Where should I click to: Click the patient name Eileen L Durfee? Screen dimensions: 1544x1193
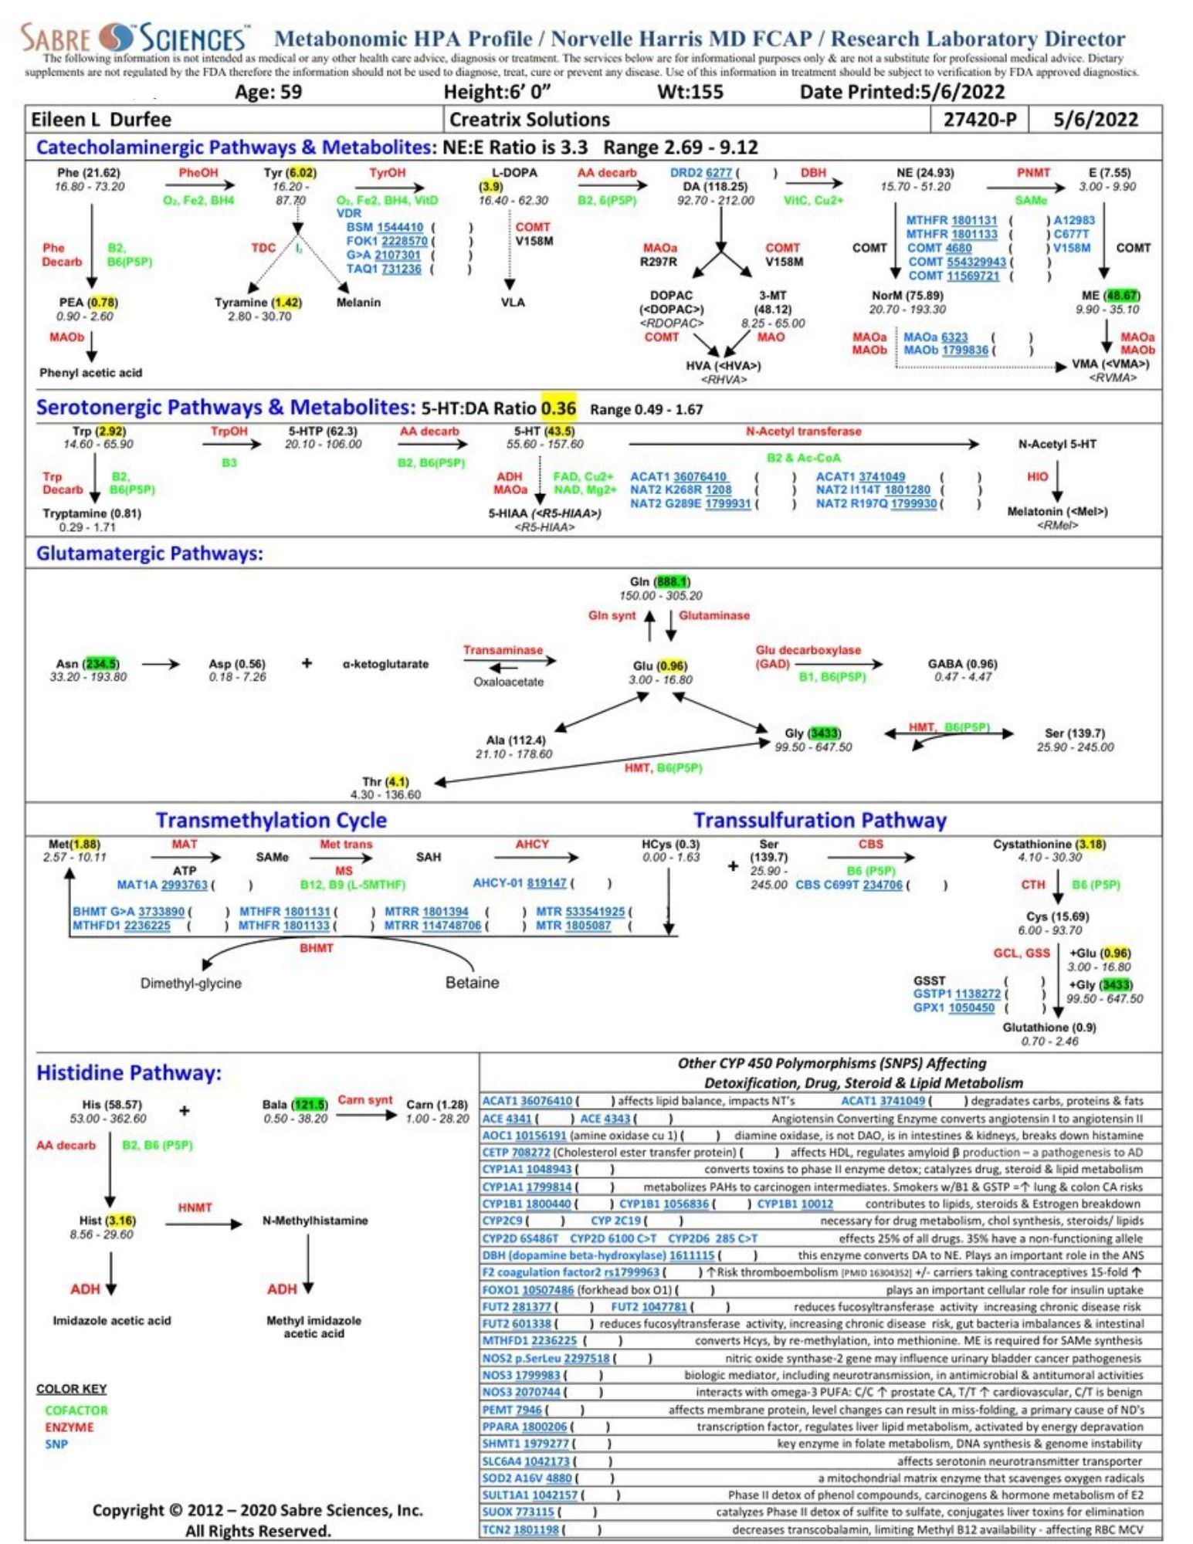[x=101, y=120]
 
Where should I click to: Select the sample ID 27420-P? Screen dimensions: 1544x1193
[x=980, y=120]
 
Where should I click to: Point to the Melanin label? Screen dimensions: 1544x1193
[x=358, y=303]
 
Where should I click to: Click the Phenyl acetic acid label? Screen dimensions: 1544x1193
[x=91, y=373]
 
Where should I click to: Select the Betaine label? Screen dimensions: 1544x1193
[x=472, y=983]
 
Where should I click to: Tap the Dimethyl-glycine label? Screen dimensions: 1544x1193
[x=191, y=984]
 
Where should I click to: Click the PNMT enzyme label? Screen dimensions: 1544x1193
[x=1032, y=173]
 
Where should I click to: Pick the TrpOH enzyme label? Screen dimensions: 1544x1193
[x=229, y=432]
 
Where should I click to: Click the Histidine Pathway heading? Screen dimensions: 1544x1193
[x=129, y=1073]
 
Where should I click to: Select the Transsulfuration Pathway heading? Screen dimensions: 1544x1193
[x=819, y=820]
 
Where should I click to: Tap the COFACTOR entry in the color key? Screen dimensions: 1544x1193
[x=76, y=1410]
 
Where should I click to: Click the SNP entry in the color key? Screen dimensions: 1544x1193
[x=56, y=1444]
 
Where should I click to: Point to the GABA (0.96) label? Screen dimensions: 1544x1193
[x=962, y=664]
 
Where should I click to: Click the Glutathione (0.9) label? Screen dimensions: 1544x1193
[x=1049, y=1028]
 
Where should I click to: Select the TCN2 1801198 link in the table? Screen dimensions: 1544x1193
[x=520, y=1529]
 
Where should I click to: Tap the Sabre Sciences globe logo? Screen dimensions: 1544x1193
[x=120, y=37]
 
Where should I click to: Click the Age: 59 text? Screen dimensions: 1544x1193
[x=268, y=93]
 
